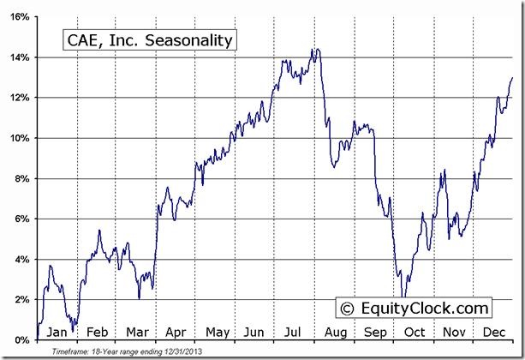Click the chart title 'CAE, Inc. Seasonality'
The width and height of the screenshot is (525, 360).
[147, 40]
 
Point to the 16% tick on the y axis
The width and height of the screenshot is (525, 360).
[21, 16]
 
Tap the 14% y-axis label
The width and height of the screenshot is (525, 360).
[21, 57]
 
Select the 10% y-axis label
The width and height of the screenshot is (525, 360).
[21, 138]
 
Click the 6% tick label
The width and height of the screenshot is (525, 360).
[23, 219]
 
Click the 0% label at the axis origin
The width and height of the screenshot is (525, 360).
[23, 339]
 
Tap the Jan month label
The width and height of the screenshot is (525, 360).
[57, 332]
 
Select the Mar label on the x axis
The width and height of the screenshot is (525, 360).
[136, 332]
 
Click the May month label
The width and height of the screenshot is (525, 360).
[217, 332]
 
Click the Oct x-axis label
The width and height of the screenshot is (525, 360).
[415, 332]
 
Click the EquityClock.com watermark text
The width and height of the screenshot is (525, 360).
[423, 308]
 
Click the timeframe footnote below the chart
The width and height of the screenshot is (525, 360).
[126, 351]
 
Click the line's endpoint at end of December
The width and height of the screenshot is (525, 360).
[513, 77]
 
